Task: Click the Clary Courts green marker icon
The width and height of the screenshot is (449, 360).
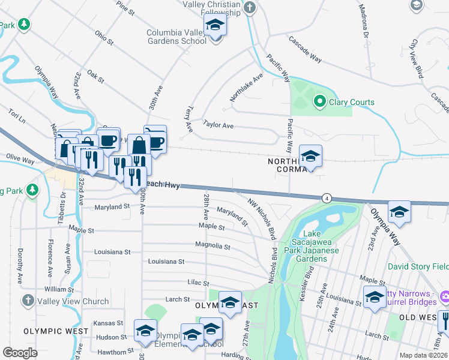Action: (x=320, y=101)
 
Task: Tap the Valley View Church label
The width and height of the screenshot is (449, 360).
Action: (x=73, y=301)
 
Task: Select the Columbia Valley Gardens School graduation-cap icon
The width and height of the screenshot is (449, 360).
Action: (x=214, y=26)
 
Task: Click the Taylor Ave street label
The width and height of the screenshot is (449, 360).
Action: (x=218, y=126)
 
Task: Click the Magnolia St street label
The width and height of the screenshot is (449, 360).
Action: (x=212, y=245)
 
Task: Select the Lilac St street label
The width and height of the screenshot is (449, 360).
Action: (x=197, y=283)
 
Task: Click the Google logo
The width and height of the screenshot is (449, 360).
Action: (x=20, y=353)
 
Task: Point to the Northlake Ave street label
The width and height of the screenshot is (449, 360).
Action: (x=247, y=88)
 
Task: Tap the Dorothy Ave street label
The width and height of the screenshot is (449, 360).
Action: (x=20, y=266)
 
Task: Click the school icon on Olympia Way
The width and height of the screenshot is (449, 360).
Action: (x=399, y=213)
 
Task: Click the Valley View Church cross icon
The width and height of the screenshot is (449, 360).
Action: (x=27, y=301)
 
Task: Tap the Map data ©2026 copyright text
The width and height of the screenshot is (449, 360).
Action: (x=423, y=355)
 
